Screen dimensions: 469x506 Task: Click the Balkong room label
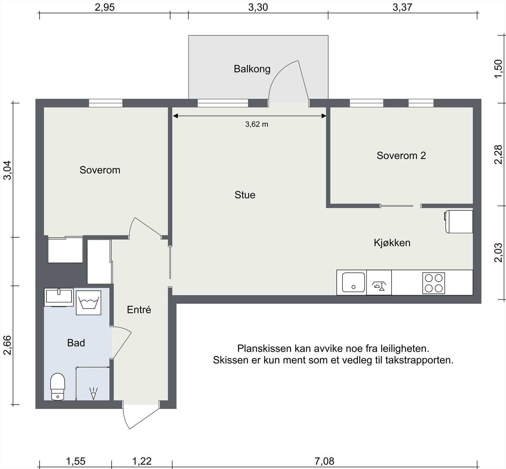(252, 69)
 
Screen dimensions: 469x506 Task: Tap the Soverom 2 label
(401, 155)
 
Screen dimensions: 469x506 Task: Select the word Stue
(245, 195)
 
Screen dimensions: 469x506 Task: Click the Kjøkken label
(392, 243)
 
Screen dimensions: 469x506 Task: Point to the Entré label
(139, 310)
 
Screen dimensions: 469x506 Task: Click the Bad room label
(76, 343)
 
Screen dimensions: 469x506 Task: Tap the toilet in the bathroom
(58, 387)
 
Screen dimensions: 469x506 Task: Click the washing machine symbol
(89, 303)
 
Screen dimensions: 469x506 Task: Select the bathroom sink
(59, 296)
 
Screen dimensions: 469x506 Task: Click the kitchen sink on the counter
(353, 282)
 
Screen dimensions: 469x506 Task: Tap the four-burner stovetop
(434, 283)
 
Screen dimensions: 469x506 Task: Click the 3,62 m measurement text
(256, 125)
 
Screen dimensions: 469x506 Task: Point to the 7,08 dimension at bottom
(324, 461)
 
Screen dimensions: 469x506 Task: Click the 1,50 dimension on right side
(498, 69)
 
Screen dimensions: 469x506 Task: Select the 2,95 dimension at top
(105, 7)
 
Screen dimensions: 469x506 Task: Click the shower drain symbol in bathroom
(93, 394)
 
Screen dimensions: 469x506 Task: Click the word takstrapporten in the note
(419, 360)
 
